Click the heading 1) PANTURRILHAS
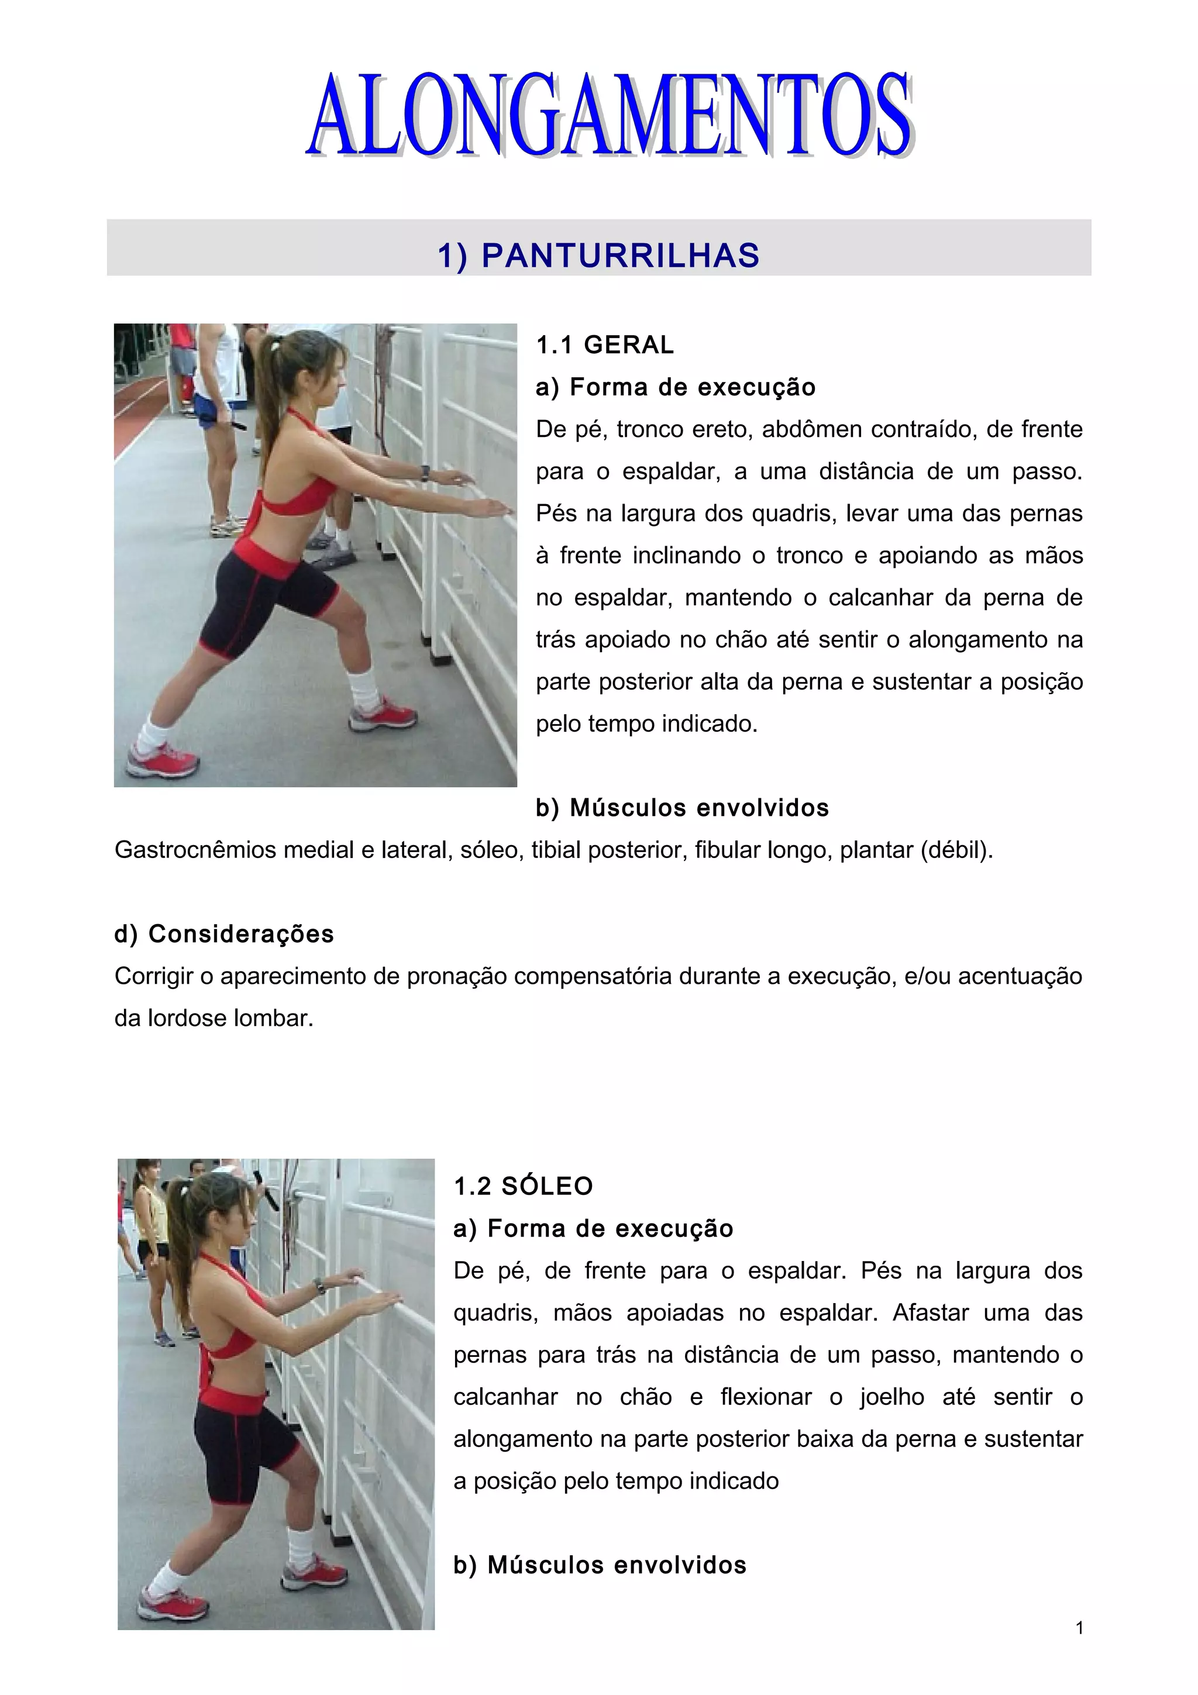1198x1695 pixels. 598,256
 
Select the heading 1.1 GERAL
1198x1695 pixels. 604,344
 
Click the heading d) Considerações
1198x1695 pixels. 223,934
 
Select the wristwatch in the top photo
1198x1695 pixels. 425,473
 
